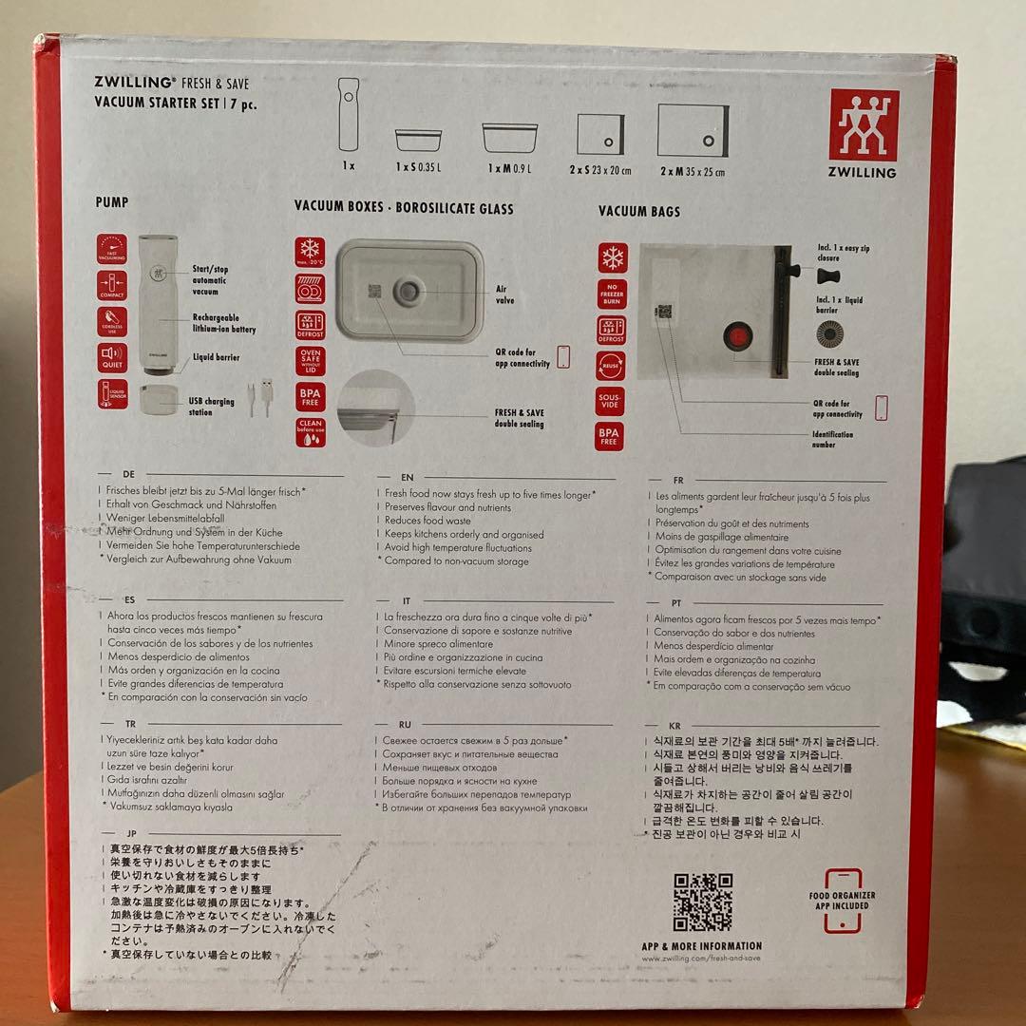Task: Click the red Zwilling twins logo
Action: click(863, 125)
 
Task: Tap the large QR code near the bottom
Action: click(703, 902)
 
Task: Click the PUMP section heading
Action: click(112, 202)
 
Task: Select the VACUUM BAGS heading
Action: click(639, 211)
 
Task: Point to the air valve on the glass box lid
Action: click(410, 292)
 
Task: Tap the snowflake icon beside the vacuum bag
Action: click(612, 258)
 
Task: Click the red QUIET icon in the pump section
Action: click(111, 358)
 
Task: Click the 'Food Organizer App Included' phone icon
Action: click(842, 901)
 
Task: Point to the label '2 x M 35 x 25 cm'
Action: click(693, 172)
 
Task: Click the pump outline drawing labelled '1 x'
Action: click(349, 114)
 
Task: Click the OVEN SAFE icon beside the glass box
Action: click(310, 360)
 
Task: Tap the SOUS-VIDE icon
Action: click(611, 401)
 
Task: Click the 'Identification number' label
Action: click(834, 439)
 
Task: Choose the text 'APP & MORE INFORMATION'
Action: click(701, 946)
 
